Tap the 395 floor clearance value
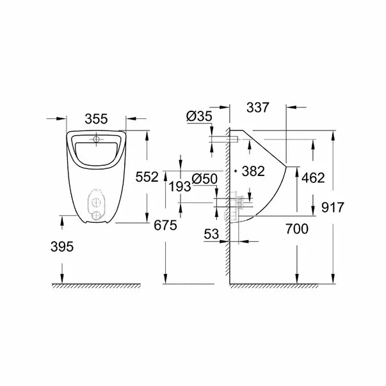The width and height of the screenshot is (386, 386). point(62,246)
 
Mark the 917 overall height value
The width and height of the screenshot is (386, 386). point(334,207)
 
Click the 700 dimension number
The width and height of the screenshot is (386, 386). point(296,228)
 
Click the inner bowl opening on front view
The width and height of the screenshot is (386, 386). point(96,152)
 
